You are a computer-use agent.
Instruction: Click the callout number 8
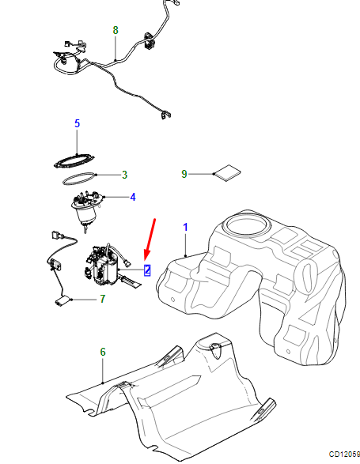[x=116, y=30]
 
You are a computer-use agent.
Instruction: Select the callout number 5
[x=77, y=123]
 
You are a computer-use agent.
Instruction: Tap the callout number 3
[x=125, y=175]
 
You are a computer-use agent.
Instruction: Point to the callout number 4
[x=133, y=197]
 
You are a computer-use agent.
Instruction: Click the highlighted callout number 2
[x=147, y=270]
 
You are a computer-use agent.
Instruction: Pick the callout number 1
[x=185, y=228]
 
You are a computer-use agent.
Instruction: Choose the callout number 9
[x=184, y=174]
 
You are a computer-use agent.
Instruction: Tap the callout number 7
[x=103, y=299]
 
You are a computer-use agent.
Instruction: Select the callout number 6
[x=103, y=352]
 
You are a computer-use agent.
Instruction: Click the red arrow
[x=150, y=240]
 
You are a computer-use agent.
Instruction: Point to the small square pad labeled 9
[x=227, y=173]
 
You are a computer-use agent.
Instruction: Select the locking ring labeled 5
[x=74, y=161]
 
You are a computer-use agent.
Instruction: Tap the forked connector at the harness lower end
[x=165, y=115]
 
